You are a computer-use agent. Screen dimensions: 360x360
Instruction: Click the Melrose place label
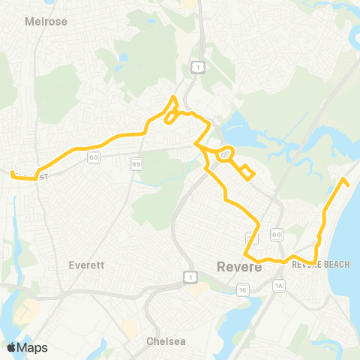pyautogui.click(x=46, y=22)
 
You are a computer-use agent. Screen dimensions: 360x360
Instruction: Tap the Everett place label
pyautogui.click(x=85, y=265)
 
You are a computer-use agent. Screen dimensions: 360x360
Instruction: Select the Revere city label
pyautogui.click(x=238, y=266)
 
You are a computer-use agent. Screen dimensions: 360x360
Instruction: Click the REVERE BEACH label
pyautogui.click(x=317, y=265)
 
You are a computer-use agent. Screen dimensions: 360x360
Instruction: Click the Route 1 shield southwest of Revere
pyautogui.click(x=190, y=277)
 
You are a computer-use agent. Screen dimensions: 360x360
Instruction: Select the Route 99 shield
pyautogui.click(x=136, y=163)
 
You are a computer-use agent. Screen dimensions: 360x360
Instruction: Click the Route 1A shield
pyautogui.click(x=280, y=286)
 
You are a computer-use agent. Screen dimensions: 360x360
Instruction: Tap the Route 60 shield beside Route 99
pyautogui.click(x=93, y=157)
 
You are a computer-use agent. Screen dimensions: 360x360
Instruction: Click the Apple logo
pyautogui.click(x=11, y=346)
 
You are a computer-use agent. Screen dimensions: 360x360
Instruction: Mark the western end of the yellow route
pyautogui.click(x=12, y=173)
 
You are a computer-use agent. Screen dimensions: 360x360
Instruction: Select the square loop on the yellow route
pyautogui.click(x=247, y=172)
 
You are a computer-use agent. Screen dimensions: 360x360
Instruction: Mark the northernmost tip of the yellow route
pyautogui.click(x=174, y=97)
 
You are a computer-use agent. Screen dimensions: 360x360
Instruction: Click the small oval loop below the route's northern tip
pyautogui.click(x=171, y=117)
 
